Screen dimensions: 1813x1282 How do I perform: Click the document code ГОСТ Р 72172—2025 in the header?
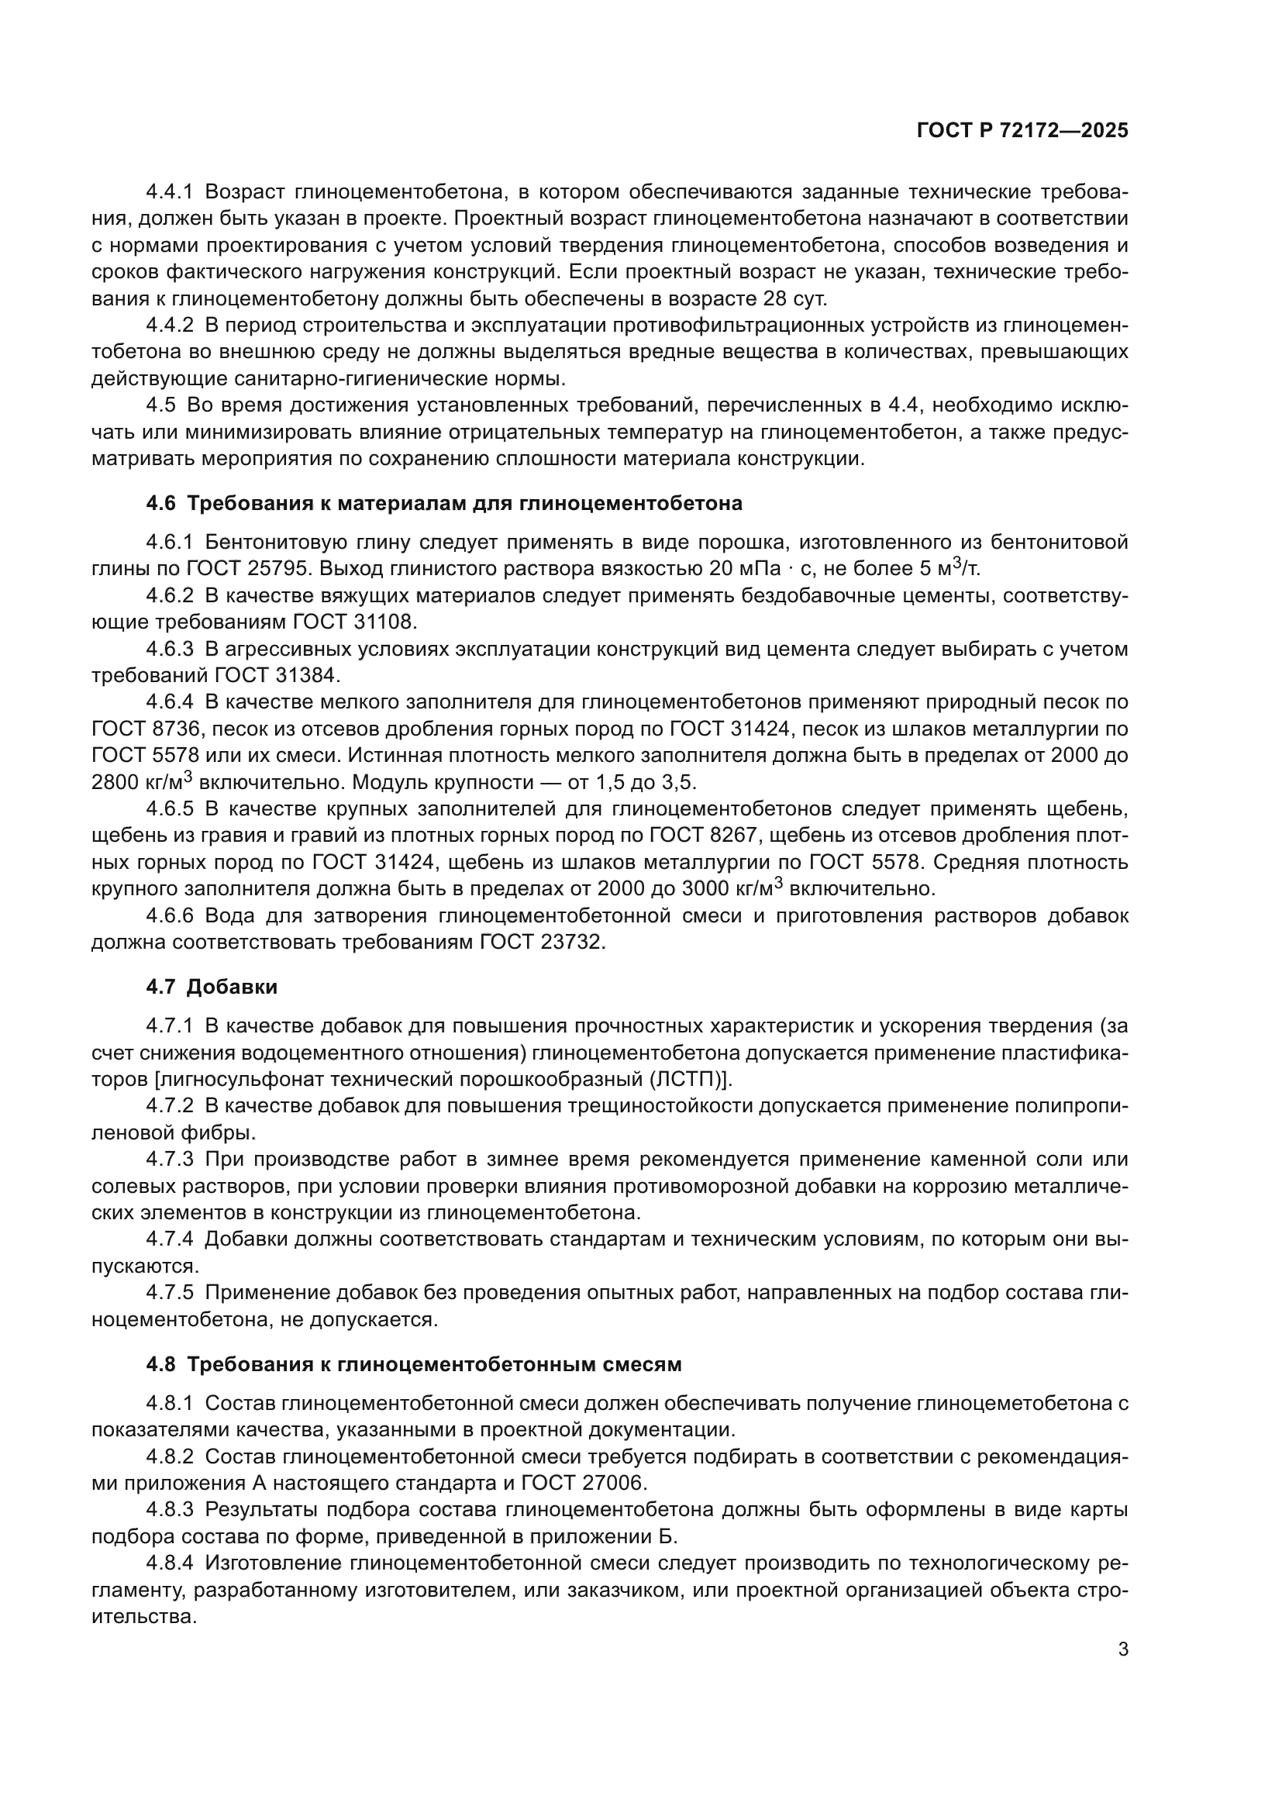click(1022, 131)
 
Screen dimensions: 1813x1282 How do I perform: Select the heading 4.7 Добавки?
click(212, 986)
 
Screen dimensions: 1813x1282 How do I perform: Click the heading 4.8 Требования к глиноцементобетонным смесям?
click(414, 1364)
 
